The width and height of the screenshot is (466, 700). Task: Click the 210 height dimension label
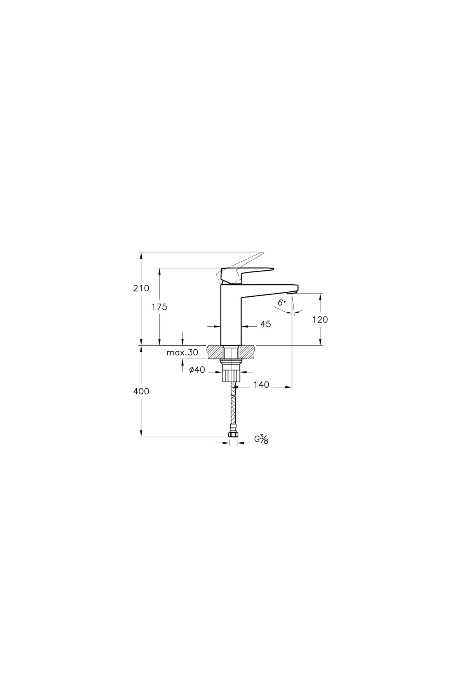coord(141,289)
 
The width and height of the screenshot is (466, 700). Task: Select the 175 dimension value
coord(159,307)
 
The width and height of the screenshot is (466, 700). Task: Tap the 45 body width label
coord(266,324)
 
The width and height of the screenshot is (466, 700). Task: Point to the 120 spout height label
coord(320,320)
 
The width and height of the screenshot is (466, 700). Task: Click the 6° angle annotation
coord(282,302)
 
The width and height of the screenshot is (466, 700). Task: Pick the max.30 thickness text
coord(182,353)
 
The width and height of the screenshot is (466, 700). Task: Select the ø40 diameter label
coord(197,370)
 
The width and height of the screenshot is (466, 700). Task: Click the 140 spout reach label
coord(261,385)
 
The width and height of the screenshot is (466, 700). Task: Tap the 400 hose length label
coord(141,392)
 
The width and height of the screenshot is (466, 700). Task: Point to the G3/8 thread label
coord(261,439)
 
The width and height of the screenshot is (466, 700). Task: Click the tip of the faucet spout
coord(294,289)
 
